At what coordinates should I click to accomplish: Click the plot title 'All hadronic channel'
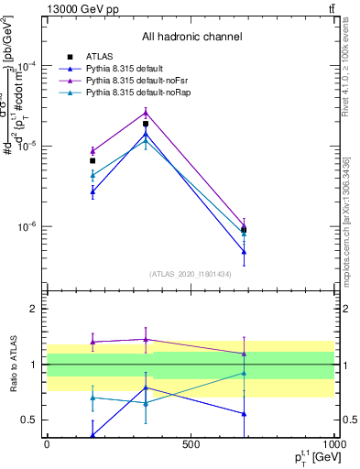pos(191,37)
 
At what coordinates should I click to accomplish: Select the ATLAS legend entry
pos(100,56)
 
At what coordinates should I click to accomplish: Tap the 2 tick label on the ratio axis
pos(34,309)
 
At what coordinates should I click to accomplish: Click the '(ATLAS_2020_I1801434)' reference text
pos(191,273)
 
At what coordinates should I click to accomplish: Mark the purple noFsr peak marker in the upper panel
pos(146,113)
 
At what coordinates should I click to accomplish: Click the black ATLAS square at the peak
pos(146,124)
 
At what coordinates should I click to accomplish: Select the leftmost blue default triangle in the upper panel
pos(93,191)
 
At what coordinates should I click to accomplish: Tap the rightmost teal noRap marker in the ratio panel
pos(244,373)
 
